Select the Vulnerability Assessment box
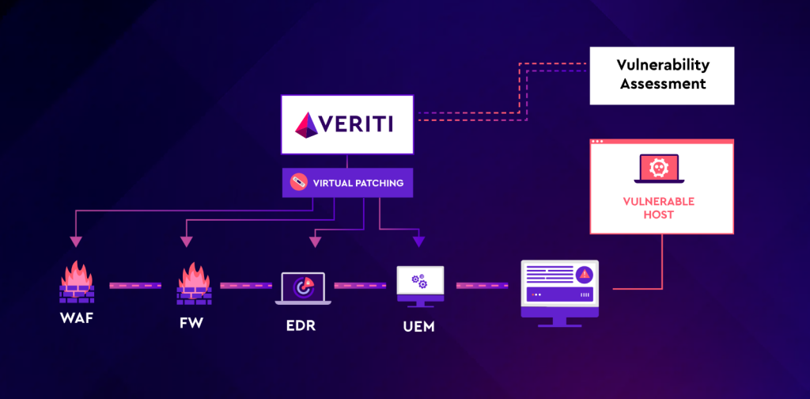[662, 75]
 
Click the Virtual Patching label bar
[347, 183]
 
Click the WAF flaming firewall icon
[77, 282]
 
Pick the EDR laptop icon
[304, 288]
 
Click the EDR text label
[301, 325]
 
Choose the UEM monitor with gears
[419, 285]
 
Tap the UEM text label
[414, 326]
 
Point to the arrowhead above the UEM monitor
[418, 241]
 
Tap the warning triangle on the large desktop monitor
[584, 274]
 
